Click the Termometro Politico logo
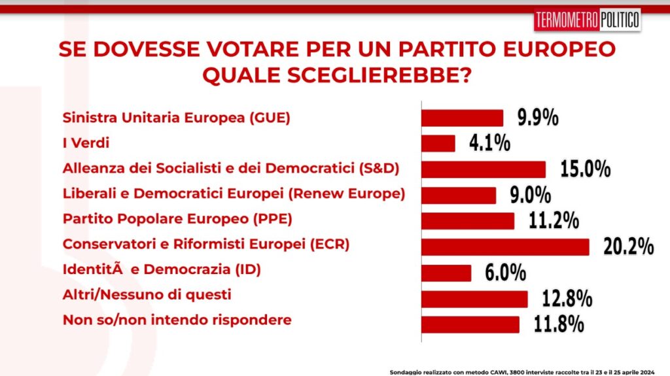point(587,20)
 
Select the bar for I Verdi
point(438,143)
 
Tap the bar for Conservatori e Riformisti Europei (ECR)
point(504,247)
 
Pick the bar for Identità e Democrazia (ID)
point(446,273)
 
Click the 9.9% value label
point(538,118)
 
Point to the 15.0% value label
point(586,169)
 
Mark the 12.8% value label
point(567,299)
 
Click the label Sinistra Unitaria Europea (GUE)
point(176,118)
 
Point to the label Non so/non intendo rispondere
point(177,320)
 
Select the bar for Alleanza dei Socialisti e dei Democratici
point(483,169)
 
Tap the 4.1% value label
point(489,143)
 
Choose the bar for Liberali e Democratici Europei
point(459,195)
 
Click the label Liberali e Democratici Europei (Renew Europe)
point(234,194)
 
